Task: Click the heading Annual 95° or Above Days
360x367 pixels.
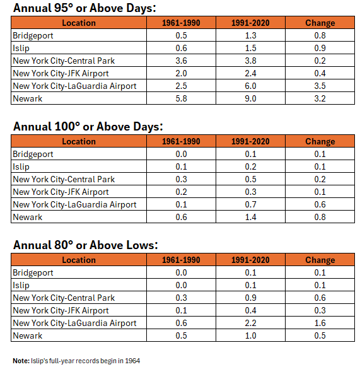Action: (x=84, y=8)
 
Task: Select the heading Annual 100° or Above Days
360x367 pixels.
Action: (x=88, y=127)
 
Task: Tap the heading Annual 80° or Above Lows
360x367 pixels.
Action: (x=86, y=245)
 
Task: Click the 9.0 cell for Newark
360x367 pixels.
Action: (x=250, y=98)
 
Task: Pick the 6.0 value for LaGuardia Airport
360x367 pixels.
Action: (x=250, y=86)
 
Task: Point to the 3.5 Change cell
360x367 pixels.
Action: (x=320, y=86)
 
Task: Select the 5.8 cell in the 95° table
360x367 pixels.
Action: (x=181, y=98)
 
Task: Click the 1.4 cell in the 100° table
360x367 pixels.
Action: (x=250, y=217)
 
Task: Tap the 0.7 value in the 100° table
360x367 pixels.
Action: (x=250, y=204)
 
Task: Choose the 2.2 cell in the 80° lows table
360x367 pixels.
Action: (x=250, y=323)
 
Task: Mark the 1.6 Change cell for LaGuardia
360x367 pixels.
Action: (x=320, y=323)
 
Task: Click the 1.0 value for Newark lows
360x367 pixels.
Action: (x=250, y=335)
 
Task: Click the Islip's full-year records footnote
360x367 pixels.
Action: (x=76, y=361)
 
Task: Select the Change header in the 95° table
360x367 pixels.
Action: (x=320, y=23)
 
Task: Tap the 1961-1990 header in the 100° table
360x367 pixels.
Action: (x=181, y=141)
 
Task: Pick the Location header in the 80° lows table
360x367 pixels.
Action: (x=79, y=260)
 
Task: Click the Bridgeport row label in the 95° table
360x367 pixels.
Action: (x=33, y=36)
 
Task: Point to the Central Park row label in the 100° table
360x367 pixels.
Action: (x=64, y=179)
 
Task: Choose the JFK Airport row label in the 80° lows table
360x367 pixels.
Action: (x=61, y=311)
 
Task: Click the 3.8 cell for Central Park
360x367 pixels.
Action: (x=250, y=61)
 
